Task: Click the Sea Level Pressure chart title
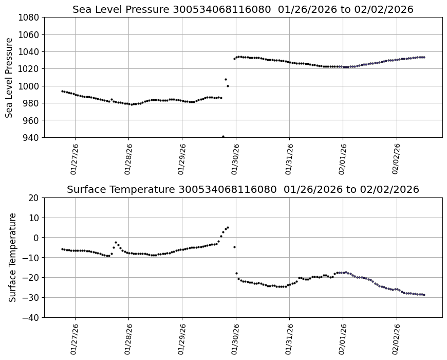tap(243, 10)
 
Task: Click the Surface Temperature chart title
tap(243, 190)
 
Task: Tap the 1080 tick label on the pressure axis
tap(30, 17)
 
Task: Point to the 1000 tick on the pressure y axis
tap(30, 86)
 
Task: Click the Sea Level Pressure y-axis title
tap(10, 77)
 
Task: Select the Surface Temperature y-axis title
tap(12, 257)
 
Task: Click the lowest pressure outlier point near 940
tap(223, 137)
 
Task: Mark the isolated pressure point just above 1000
tap(226, 79)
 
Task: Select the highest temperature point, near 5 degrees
tap(228, 227)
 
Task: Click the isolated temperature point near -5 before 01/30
tap(234, 247)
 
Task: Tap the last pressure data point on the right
tap(424, 57)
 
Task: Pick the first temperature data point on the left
tap(62, 249)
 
